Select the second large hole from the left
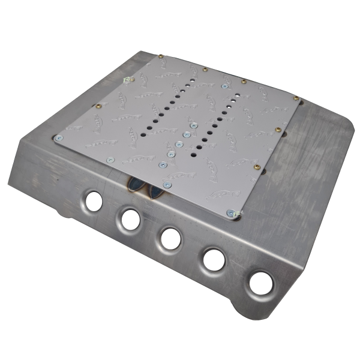coord(130,219)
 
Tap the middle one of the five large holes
coord(170,238)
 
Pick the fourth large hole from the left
coord(213,259)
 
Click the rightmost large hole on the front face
coord(260,283)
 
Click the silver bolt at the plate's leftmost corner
coord(58,138)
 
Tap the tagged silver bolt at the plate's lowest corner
coord(230,212)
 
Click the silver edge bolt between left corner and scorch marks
coord(109,160)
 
